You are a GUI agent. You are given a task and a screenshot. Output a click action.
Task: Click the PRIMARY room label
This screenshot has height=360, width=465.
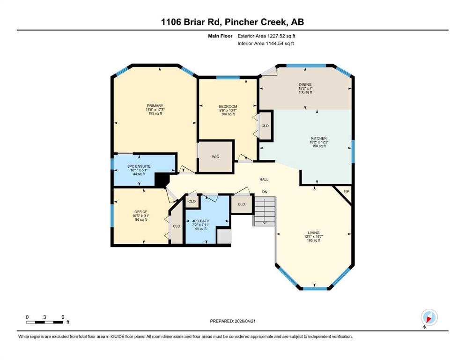pyautogui.click(x=155, y=105)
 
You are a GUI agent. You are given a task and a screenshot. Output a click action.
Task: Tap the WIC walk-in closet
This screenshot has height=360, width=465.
pyautogui.click(x=215, y=157)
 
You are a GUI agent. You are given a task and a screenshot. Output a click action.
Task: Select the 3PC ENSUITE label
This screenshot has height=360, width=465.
pyautogui.click(x=139, y=166)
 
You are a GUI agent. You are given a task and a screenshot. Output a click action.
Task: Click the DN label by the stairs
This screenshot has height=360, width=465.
pyautogui.click(x=265, y=192)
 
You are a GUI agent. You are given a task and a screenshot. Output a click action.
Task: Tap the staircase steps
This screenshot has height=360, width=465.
pyautogui.click(x=265, y=211)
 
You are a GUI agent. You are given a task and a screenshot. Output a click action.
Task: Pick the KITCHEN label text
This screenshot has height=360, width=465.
pyautogui.click(x=319, y=138)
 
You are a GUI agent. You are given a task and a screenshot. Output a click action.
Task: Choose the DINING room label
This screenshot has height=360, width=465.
pyautogui.click(x=305, y=84)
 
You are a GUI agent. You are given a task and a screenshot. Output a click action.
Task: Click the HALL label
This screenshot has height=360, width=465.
pyautogui.click(x=264, y=179)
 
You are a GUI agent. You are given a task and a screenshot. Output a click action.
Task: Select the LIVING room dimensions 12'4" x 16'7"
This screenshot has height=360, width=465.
pyautogui.click(x=313, y=237)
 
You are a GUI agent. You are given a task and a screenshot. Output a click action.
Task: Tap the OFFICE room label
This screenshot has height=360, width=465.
pyautogui.click(x=141, y=212)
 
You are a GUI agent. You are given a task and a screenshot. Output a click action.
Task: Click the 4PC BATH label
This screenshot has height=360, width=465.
pyautogui.click(x=201, y=221)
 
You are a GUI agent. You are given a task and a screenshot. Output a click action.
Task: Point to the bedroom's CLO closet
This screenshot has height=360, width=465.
pyautogui.click(x=265, y=126)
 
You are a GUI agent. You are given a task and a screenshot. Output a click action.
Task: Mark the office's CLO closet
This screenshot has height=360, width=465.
pyautogui.click(x=177, y=226)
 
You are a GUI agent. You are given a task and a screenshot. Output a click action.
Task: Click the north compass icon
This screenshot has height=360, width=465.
pyautogui.click(x=429, y=318)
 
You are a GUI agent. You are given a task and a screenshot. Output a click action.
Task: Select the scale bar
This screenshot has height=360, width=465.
pyautogui.click(x=44, y=322)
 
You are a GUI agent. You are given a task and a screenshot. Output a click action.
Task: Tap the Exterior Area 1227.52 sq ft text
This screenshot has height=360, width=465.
pyautogui.click(x=266, y=36)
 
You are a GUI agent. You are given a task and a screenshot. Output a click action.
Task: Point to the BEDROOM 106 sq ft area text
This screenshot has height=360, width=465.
pyautogui.click(x=228, y=114)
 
